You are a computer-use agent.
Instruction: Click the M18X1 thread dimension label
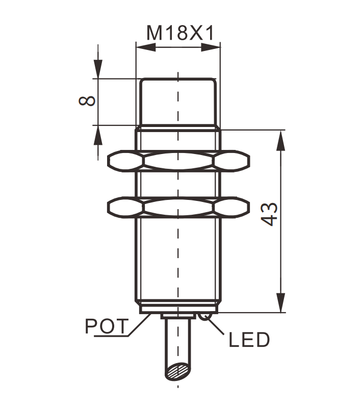coord(181,33)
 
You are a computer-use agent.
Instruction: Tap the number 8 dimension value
coord(87,101)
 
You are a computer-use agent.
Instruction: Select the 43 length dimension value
coord(269,214)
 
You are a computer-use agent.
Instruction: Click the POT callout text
coord(107,326)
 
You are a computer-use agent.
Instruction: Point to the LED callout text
coord(249,340)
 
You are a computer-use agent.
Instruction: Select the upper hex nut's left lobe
coord(125,161)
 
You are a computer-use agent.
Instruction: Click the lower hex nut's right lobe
coord(232,208)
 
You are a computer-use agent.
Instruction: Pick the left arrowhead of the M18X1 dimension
coord(146,47)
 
